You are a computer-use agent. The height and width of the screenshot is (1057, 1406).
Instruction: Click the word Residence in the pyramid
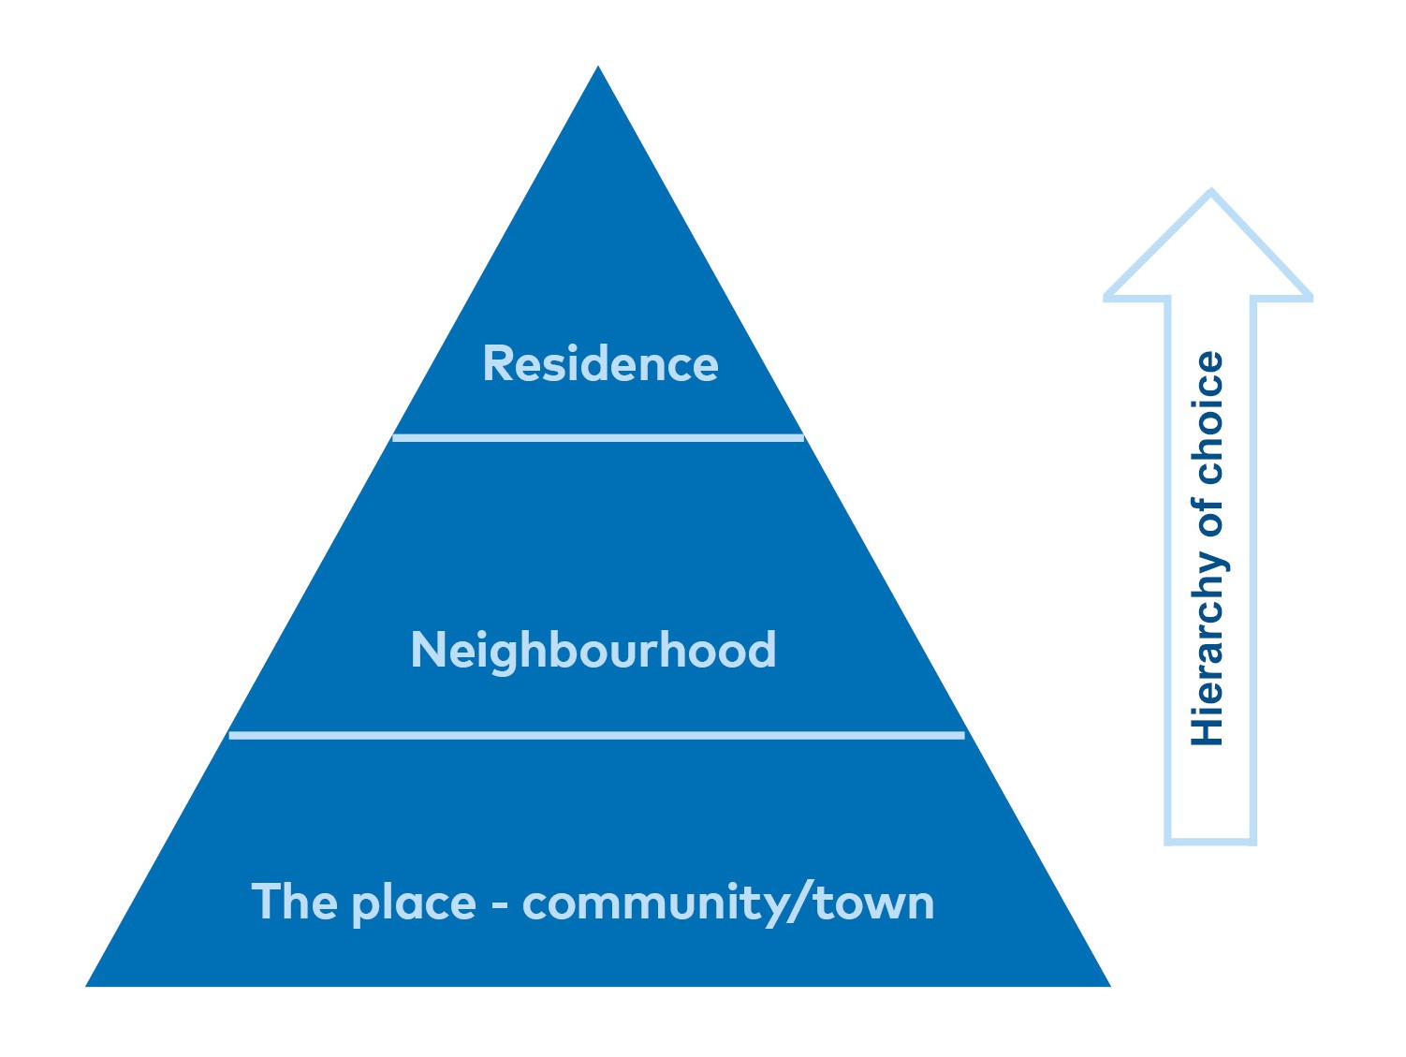600,363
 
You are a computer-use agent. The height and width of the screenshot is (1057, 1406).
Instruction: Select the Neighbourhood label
593,651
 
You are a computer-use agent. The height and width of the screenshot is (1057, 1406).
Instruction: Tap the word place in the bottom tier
415,903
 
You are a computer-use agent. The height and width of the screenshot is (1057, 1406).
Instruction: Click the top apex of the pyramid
597,66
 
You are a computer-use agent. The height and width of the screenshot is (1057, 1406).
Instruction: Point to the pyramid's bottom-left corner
86,986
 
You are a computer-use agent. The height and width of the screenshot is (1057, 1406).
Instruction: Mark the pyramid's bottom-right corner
1110,986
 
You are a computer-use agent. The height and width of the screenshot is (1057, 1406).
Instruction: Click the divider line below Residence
597,438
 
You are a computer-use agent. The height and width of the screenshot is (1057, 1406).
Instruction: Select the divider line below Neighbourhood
597,736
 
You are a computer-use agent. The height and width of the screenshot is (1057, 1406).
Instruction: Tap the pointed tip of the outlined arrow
1210,189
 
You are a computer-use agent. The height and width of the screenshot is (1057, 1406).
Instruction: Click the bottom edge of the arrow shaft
1210,842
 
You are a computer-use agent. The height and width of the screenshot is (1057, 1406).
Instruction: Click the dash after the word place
500,904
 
